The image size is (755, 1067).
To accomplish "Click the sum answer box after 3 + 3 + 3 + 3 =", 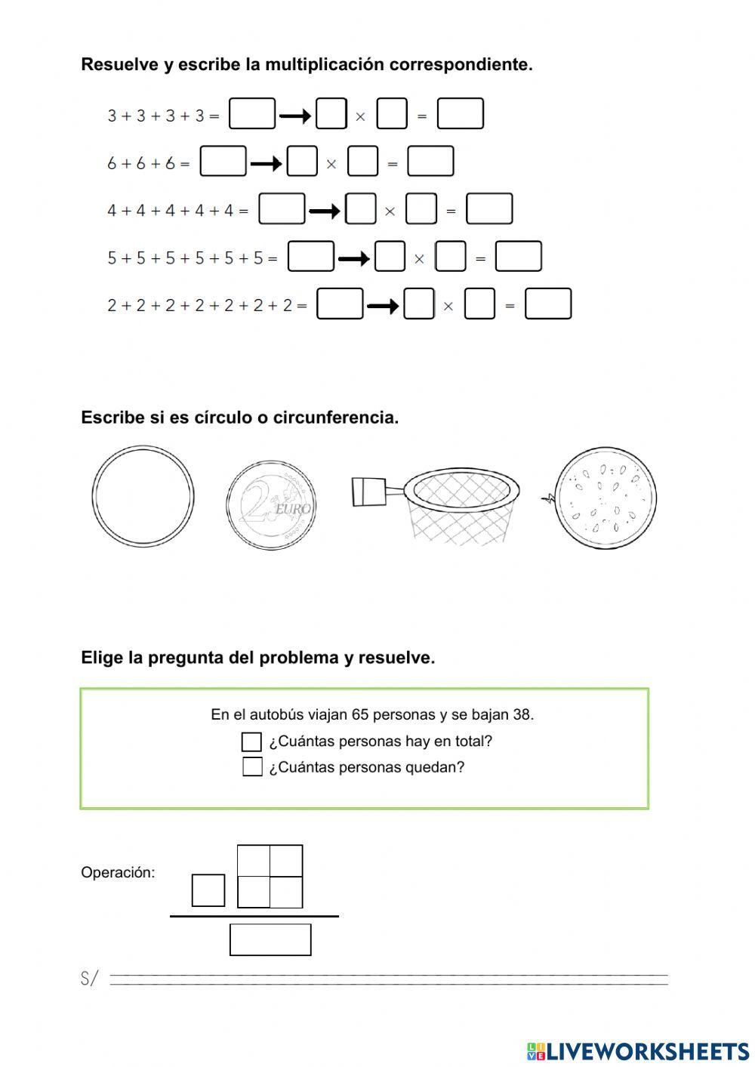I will click(252, 114).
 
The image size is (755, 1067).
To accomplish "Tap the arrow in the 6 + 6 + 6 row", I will click(266, 163).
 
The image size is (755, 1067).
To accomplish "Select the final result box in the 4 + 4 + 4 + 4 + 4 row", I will click(489, 209).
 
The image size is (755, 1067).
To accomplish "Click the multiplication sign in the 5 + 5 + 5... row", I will click(419, 259).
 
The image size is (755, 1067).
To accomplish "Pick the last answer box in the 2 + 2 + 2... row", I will click(548, 304).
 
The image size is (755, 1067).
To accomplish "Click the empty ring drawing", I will click(143, 496).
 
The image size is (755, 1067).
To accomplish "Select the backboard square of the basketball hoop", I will click(368, 492).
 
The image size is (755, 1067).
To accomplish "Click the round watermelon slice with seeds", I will click(606, 498).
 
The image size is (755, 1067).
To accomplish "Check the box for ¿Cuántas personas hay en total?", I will click(251, 742).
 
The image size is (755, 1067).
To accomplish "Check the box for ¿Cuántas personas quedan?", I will click(252, 767).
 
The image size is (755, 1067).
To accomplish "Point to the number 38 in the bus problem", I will click(520, 714).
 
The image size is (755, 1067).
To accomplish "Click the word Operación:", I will click(118, 873).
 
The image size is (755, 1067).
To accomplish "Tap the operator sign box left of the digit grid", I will click(208, 890).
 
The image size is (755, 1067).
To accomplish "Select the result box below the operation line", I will click(270, 940).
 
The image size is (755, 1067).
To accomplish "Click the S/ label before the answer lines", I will click(89, 979).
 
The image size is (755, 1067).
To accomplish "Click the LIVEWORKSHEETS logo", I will click(638, 1051).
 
